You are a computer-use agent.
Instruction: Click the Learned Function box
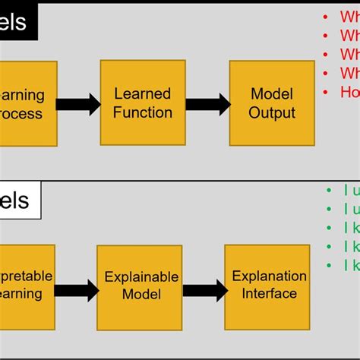144,103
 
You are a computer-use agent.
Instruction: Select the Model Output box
272,103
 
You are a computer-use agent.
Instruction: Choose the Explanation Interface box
269,285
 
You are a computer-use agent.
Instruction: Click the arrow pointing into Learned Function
79,104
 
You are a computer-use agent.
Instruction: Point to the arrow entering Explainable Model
77,289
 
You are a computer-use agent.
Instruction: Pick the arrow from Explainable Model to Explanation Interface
205,289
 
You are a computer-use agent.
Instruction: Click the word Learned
144,94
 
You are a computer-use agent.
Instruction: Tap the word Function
144,112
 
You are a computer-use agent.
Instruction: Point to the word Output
272,112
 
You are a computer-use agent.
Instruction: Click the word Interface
269,294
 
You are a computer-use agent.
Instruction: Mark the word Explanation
269,276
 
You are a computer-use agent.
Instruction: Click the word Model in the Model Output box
272,94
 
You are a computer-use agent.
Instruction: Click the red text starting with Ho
349,92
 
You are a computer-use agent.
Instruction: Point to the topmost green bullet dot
327,191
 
